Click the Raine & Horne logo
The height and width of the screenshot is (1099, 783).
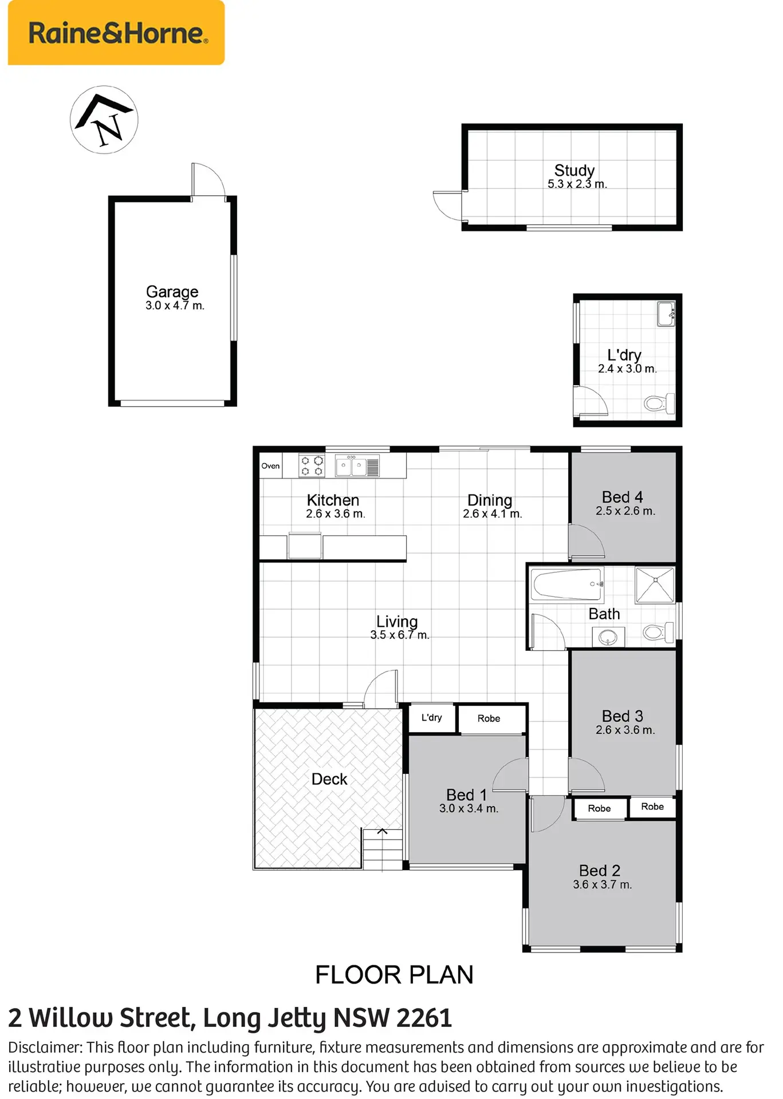[116, 33]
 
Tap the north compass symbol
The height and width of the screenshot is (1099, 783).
[104, 120]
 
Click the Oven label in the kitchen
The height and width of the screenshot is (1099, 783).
[270, 466]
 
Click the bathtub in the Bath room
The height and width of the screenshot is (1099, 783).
[568, 584]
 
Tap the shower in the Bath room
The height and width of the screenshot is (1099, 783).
[655, 584]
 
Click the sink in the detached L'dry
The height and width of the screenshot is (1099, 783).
[666, 314]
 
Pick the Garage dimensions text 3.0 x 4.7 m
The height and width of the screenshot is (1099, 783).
[175, 306]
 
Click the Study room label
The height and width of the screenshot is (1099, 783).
[575, 170]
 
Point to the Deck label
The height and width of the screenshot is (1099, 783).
[329, 779]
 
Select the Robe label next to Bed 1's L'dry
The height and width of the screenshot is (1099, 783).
[489, 718]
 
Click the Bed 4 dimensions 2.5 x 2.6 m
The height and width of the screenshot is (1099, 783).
[625, 511]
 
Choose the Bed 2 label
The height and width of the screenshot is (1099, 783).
[600, 871]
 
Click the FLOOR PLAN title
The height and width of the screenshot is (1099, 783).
[394, 975]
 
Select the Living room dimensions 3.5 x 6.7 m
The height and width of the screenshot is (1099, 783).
[399, 635]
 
